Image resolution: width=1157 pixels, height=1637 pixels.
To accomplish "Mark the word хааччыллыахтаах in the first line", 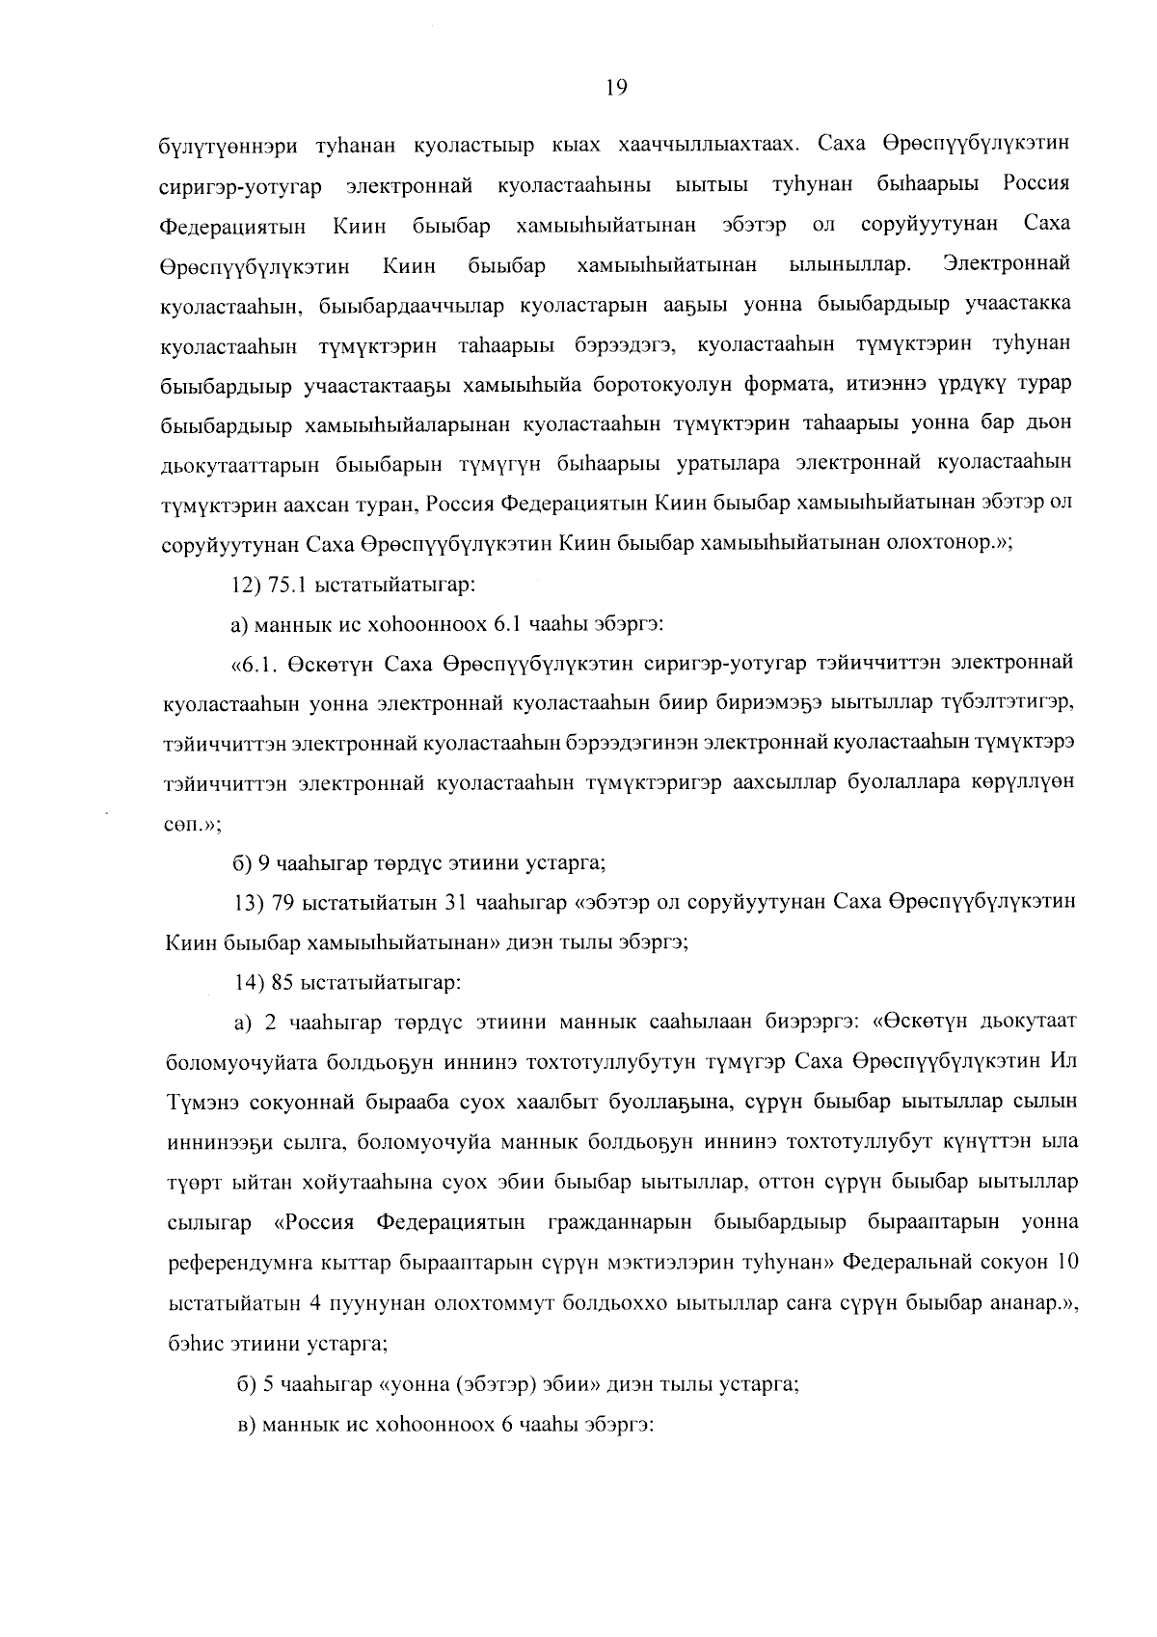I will coord(712,145).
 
